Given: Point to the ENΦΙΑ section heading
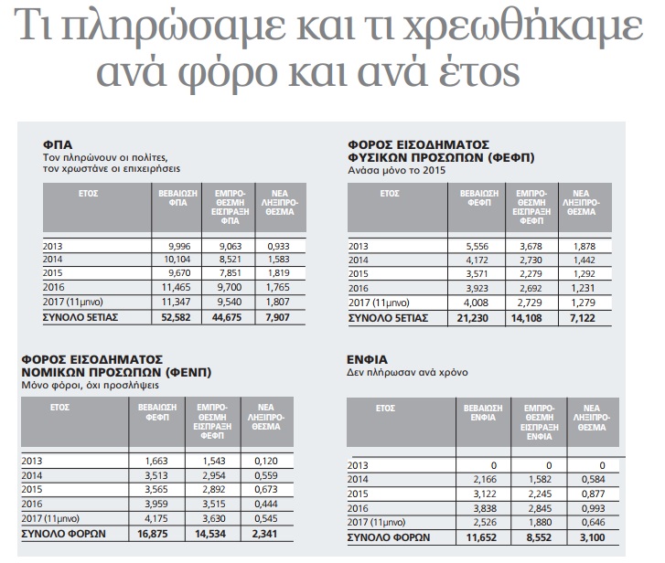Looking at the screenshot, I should tap(368, 360).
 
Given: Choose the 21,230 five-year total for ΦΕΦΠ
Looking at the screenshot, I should tap(476, 317).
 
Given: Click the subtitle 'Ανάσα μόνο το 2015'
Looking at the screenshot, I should tap(396, 170).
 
